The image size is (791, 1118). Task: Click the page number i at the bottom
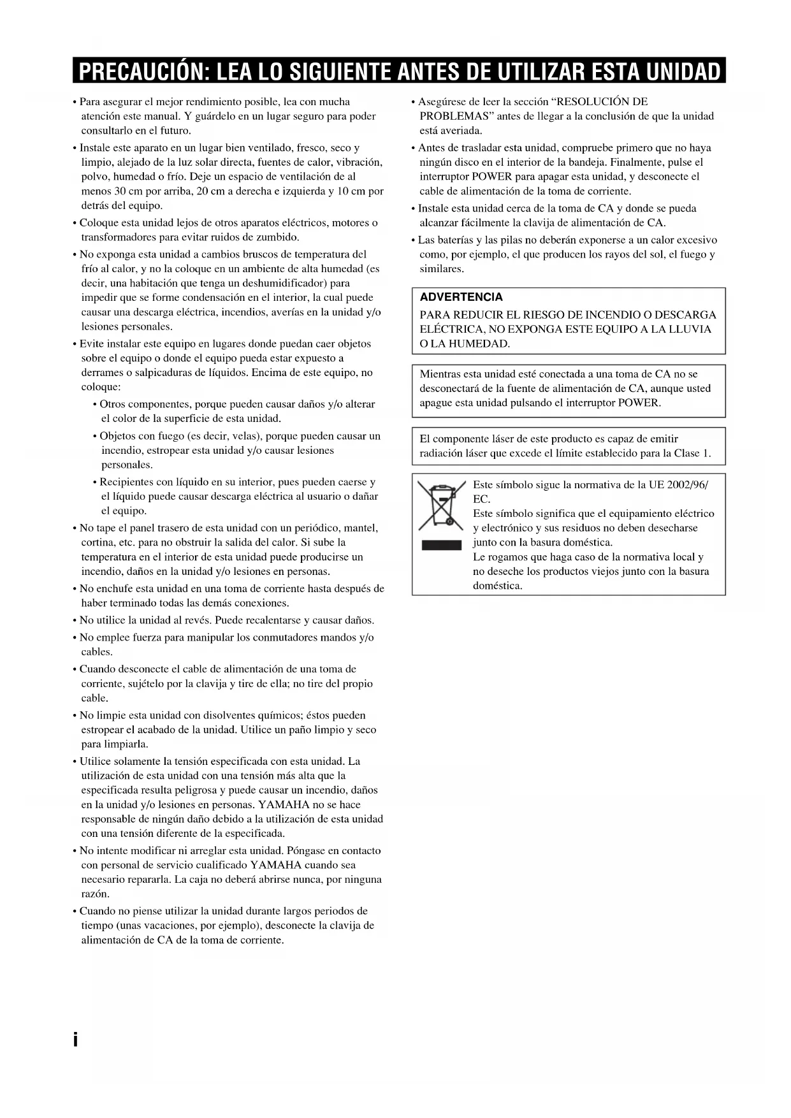point(75,1040)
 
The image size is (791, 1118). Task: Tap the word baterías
point(454,240)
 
